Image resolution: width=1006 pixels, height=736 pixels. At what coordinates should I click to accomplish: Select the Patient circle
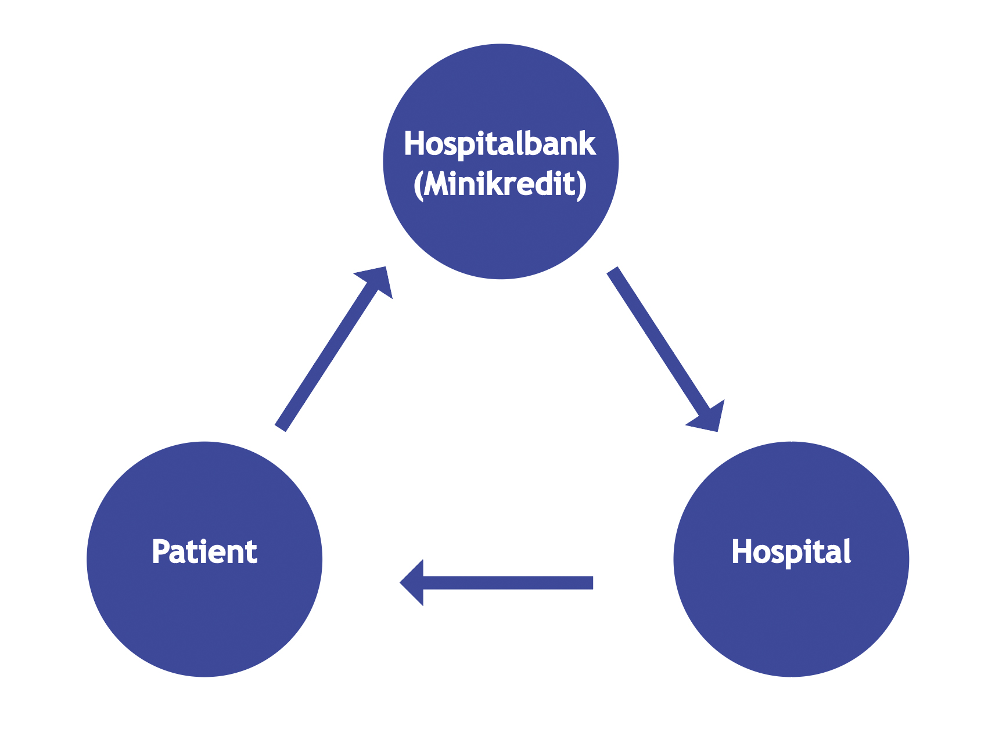204,615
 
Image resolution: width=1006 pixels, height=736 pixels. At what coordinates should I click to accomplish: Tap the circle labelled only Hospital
791,615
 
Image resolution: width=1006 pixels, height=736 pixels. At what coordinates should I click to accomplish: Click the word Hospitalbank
500,144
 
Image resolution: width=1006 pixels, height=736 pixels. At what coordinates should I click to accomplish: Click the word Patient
204,551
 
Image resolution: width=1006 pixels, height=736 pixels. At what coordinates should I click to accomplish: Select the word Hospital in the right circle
791,551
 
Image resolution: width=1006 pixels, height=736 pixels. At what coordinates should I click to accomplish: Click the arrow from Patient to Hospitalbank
328,354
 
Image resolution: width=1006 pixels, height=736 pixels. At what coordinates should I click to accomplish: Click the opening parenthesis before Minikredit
418,186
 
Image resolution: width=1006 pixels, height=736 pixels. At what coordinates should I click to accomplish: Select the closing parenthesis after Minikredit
581,186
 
